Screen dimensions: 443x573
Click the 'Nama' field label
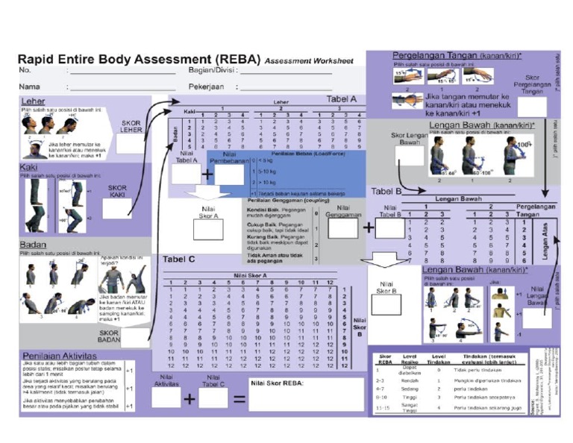(29, 87)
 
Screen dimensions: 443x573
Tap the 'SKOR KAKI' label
(117, 192)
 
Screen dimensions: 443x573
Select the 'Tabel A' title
(342, 98)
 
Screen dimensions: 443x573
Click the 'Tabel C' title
(179, 260)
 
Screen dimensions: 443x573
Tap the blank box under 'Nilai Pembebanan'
(229, 175)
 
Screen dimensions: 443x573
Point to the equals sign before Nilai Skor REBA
(239, 399)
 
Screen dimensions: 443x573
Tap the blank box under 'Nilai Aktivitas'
(166, 398)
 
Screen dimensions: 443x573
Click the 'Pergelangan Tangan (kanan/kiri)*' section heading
(457, 56)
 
